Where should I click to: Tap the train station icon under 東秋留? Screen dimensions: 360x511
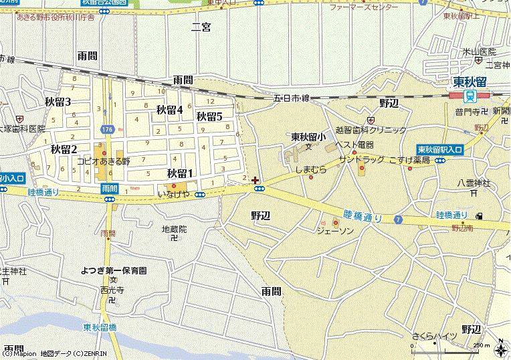click(x=470, y=95)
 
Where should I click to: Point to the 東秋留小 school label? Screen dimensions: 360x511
click(x=308, y=137)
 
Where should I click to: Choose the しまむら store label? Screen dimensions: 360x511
click(x=311, y=170)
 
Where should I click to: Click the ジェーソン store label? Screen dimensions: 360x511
click(x=335, y=230)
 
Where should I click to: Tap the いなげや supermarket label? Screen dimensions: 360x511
click(x=173, y=194)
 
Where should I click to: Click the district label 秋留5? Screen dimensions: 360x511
click(x=209, y=116)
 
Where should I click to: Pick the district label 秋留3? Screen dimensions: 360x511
click(x=58, y=102)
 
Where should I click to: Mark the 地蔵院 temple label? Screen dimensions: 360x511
click(x=174, y=229)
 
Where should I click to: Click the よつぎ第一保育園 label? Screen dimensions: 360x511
click(x=114, y=270)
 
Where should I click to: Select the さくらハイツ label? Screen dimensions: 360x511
click(x=435, y=335)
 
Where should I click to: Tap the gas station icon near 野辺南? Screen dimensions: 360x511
click(x=479, y=215)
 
